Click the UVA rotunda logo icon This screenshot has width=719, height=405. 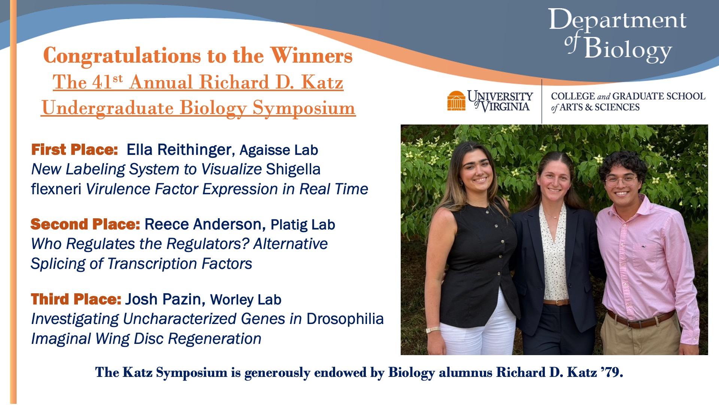pyautogui.click(x=456, y=100)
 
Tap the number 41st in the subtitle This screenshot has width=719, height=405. pyautogui.click(x=103, y=81)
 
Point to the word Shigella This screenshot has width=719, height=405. pyautogui.click(x=293, y=169)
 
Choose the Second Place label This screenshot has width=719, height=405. pyautogui.click(x=85, y=224)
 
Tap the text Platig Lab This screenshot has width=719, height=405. pyautogui.click(x=303, y=225)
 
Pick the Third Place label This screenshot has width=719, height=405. pyautogui.click(x=76, y=299)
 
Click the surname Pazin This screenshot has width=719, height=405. pyautogui.click(x=184, y=299)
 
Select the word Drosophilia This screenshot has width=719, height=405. pyautogui.click(x=345, y=319)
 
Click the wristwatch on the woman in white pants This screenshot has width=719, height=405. pyautogui.click(x=433, y=330)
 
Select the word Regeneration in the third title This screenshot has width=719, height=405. pyautogui.click(x=214, y=339)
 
